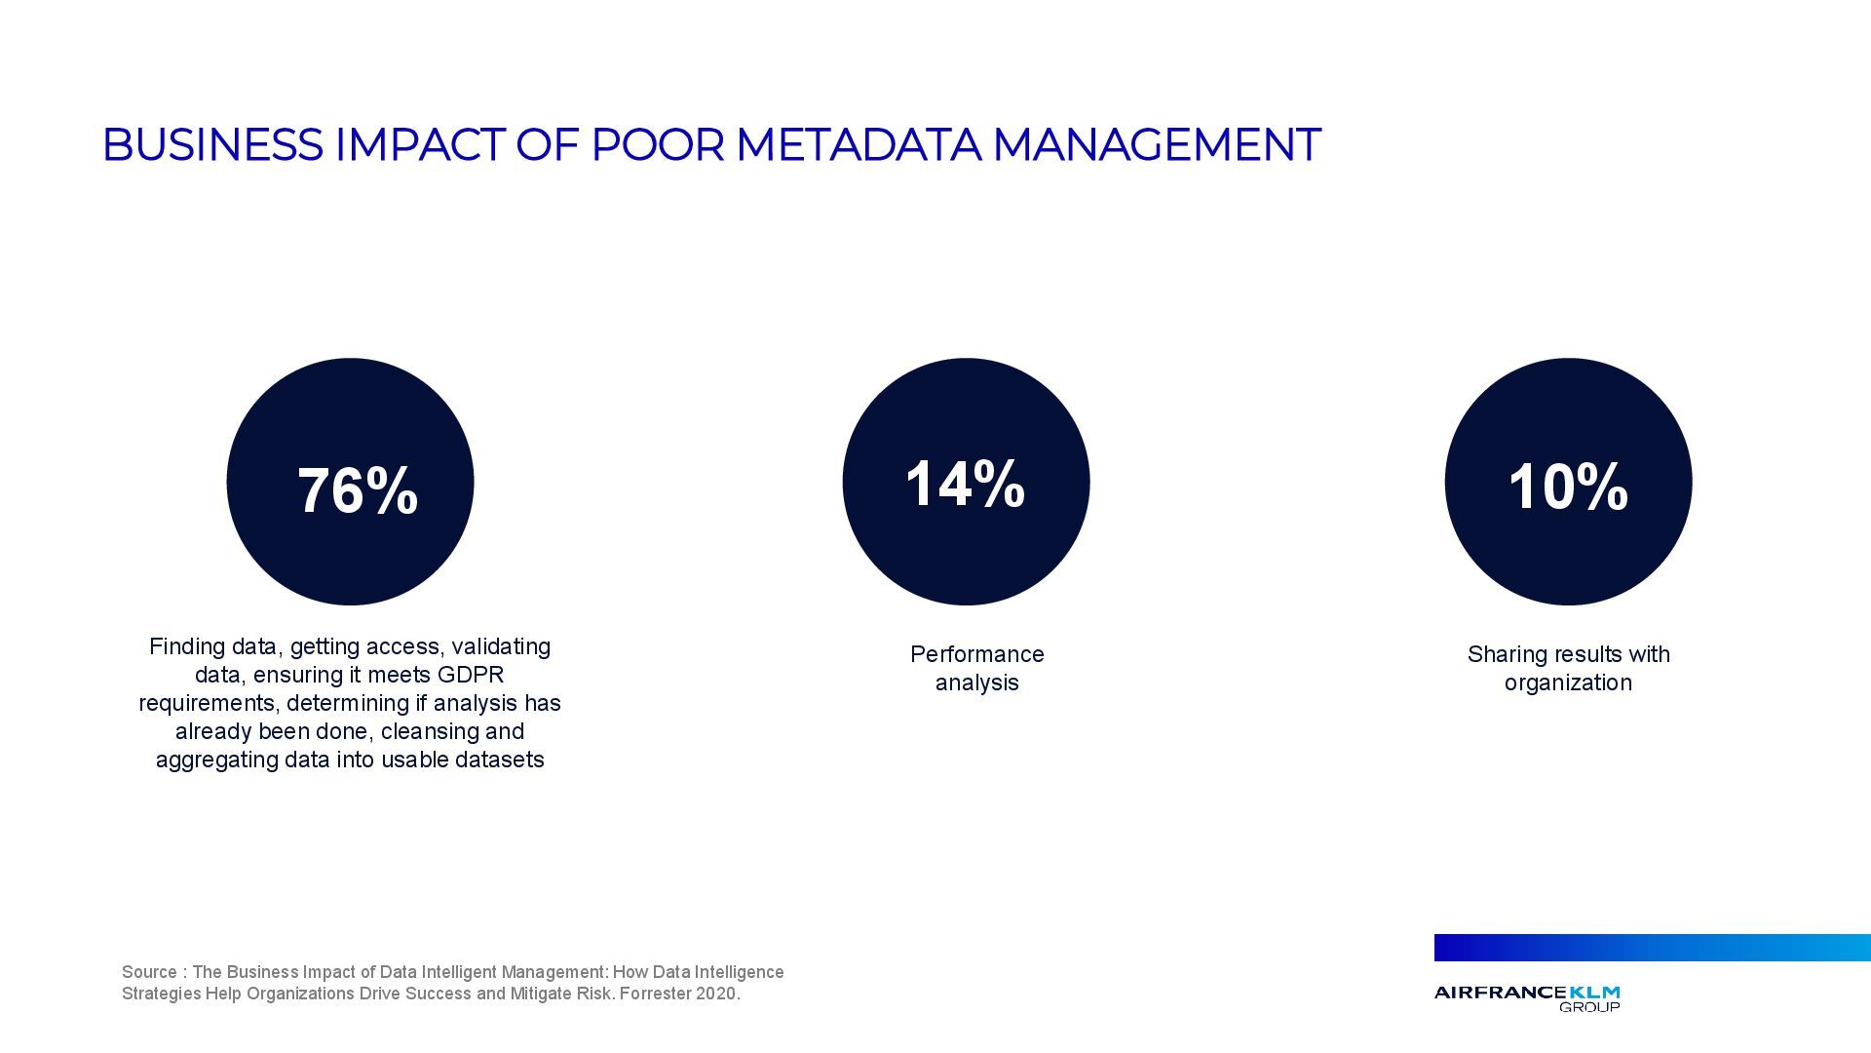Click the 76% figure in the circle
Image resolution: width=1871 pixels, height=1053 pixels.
point(358,490)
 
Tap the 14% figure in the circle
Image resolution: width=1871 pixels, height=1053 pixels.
point(965,484)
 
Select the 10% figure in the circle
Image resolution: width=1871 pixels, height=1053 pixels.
point(1568,487)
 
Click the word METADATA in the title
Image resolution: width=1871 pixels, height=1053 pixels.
point(858,145)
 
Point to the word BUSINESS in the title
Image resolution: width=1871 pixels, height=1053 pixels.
point(211,145)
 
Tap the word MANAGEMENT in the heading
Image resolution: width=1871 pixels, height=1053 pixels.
point(1156,145)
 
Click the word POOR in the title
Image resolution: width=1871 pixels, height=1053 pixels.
point(658,145)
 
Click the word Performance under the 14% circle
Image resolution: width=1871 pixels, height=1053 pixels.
point(976,654)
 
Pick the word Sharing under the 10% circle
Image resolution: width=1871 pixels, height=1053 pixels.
point(1507,654)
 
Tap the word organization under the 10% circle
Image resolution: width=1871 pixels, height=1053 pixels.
point(1568,682)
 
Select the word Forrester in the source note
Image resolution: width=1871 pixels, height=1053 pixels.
point(655,994)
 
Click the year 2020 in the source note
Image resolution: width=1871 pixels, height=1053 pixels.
point(716,994)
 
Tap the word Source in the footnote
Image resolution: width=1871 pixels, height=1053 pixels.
point(149,972)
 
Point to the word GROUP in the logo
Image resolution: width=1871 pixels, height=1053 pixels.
point(1589,1007)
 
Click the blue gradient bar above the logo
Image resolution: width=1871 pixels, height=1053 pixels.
point(1652,948)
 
